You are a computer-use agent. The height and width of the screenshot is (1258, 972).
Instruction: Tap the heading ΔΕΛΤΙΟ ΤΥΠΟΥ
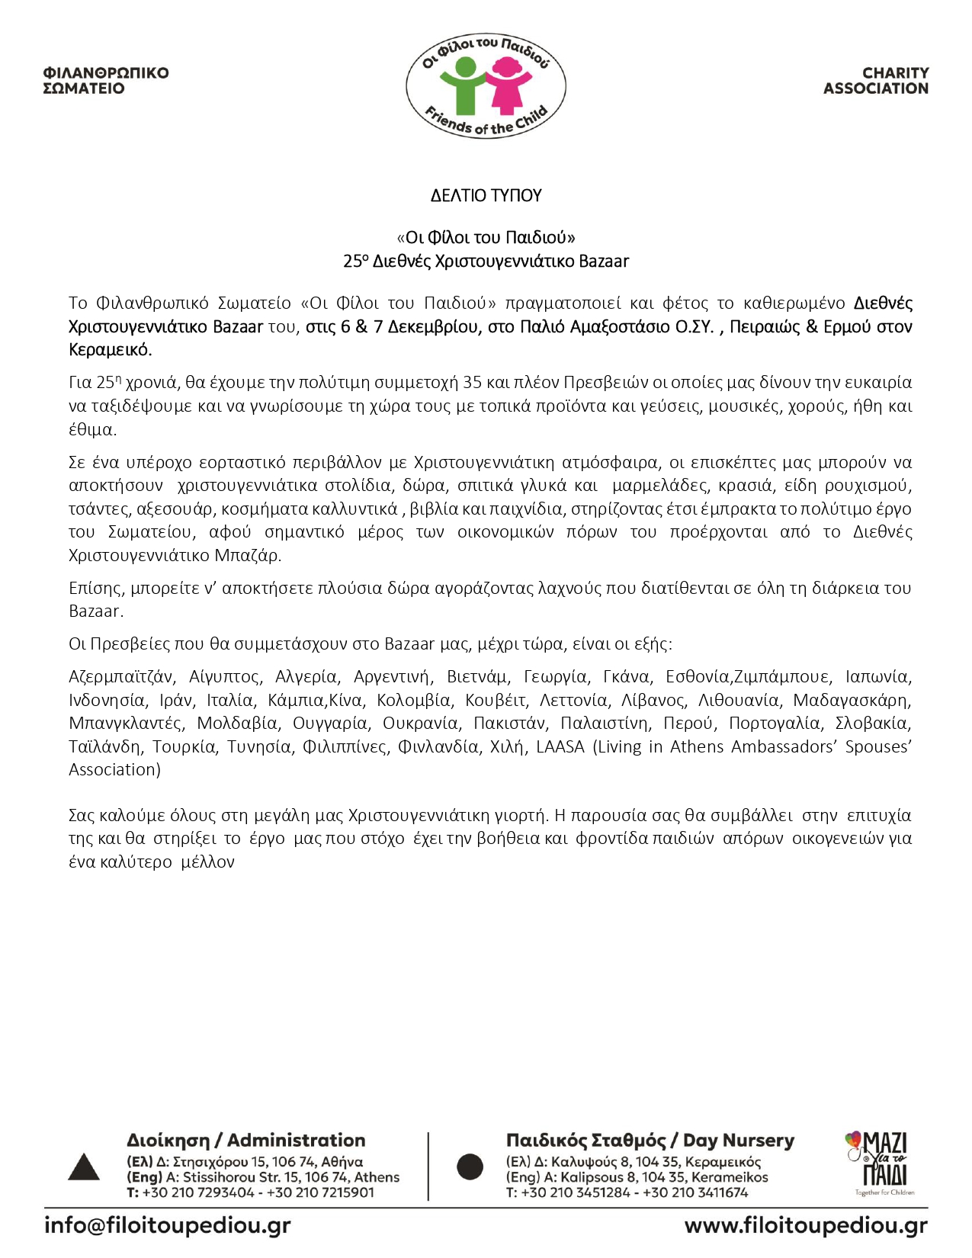click(x=486, y=196)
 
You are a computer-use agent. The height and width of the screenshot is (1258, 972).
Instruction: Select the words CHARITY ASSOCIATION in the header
click(x=876, y=81)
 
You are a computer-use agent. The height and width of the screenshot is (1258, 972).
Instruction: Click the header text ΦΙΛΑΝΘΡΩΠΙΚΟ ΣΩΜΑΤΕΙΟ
click(x=106, y=81)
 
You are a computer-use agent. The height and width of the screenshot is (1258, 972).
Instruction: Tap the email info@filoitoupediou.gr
click(x=168, y=1226)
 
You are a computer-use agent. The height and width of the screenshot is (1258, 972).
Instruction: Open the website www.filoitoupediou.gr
click(x=806, y=1226)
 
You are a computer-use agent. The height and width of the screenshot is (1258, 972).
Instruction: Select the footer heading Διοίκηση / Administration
click(x=245, y=1141)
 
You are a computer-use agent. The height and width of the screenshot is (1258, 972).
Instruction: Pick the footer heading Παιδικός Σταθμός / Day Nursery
click(x=650, y=1141)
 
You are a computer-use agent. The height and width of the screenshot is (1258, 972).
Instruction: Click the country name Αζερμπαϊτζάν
click(x=122, y=677)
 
